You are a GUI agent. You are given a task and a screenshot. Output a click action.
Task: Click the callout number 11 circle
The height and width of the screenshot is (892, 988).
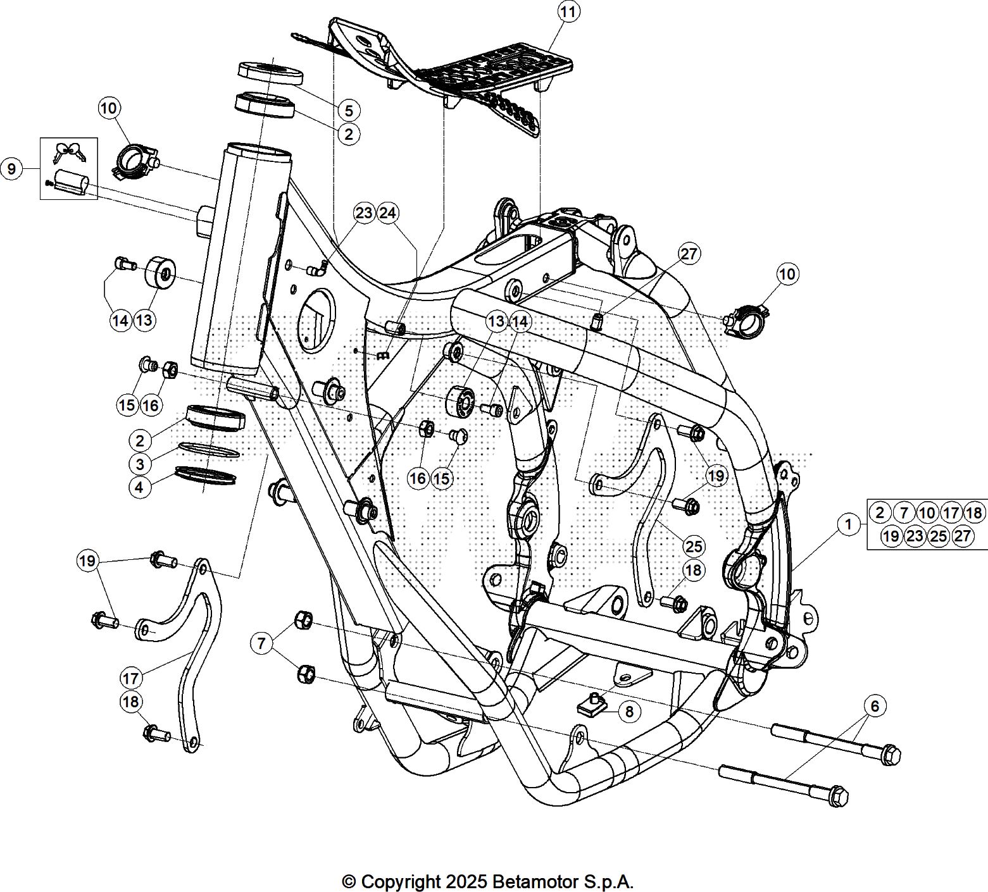(569, 12)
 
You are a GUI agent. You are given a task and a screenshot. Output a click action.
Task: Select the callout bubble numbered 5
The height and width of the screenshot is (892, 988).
(349, 110)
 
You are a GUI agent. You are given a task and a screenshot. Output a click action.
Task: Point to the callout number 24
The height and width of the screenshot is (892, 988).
(388, 213)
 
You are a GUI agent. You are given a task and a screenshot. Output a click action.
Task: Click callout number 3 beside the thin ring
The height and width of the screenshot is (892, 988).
(140, 464)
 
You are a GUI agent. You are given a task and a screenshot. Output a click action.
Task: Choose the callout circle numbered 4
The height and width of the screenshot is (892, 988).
(140, 487)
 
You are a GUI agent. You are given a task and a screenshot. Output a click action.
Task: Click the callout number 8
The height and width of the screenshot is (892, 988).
(629, 711)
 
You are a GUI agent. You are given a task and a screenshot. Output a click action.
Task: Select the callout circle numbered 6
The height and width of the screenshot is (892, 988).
(875, 705)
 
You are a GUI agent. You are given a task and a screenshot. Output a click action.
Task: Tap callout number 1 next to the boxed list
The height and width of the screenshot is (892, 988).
(847, 524)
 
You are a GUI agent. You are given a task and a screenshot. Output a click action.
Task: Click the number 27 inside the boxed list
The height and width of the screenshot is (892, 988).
(962, 536)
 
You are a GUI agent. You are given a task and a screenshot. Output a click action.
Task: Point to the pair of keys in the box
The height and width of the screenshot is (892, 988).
(68, 152)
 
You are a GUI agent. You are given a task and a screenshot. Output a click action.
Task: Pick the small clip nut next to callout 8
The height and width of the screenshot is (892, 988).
(591, 703)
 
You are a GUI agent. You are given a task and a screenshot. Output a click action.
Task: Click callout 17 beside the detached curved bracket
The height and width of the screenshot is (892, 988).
(131, 678)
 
